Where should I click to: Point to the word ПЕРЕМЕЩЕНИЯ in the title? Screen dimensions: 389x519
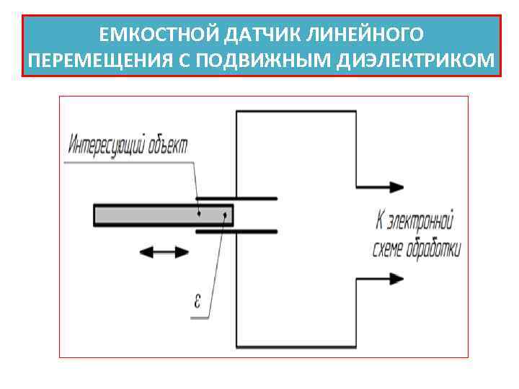(x=94, y=61)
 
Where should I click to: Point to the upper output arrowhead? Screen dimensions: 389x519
(x=393, y=187)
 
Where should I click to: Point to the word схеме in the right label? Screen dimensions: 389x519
(x=389, y=249)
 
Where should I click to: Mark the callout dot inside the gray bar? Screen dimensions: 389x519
(x=199, y=213)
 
